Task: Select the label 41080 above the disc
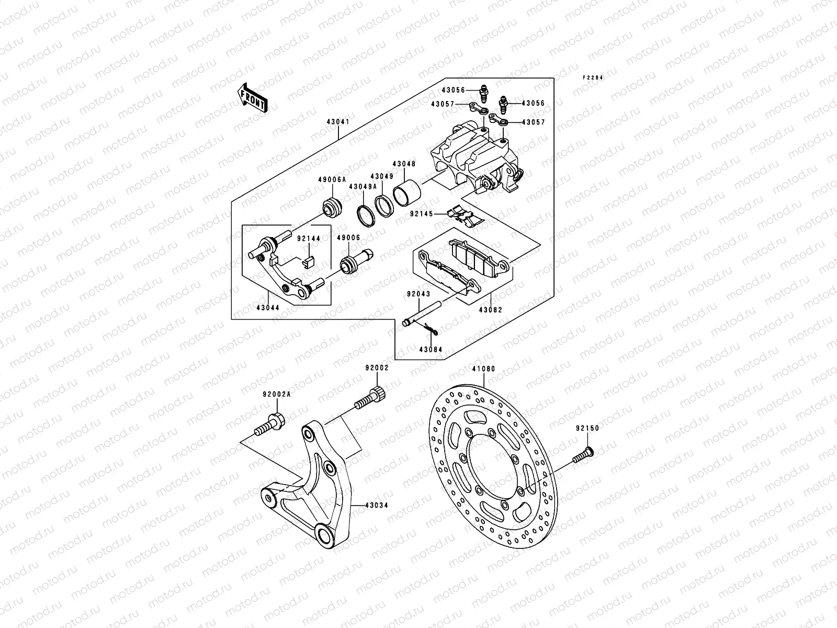(x=483, y=369)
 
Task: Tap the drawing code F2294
(x=594, y=77)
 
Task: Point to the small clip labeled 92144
(x=308, y=261)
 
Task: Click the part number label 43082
(x=490, y=310)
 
